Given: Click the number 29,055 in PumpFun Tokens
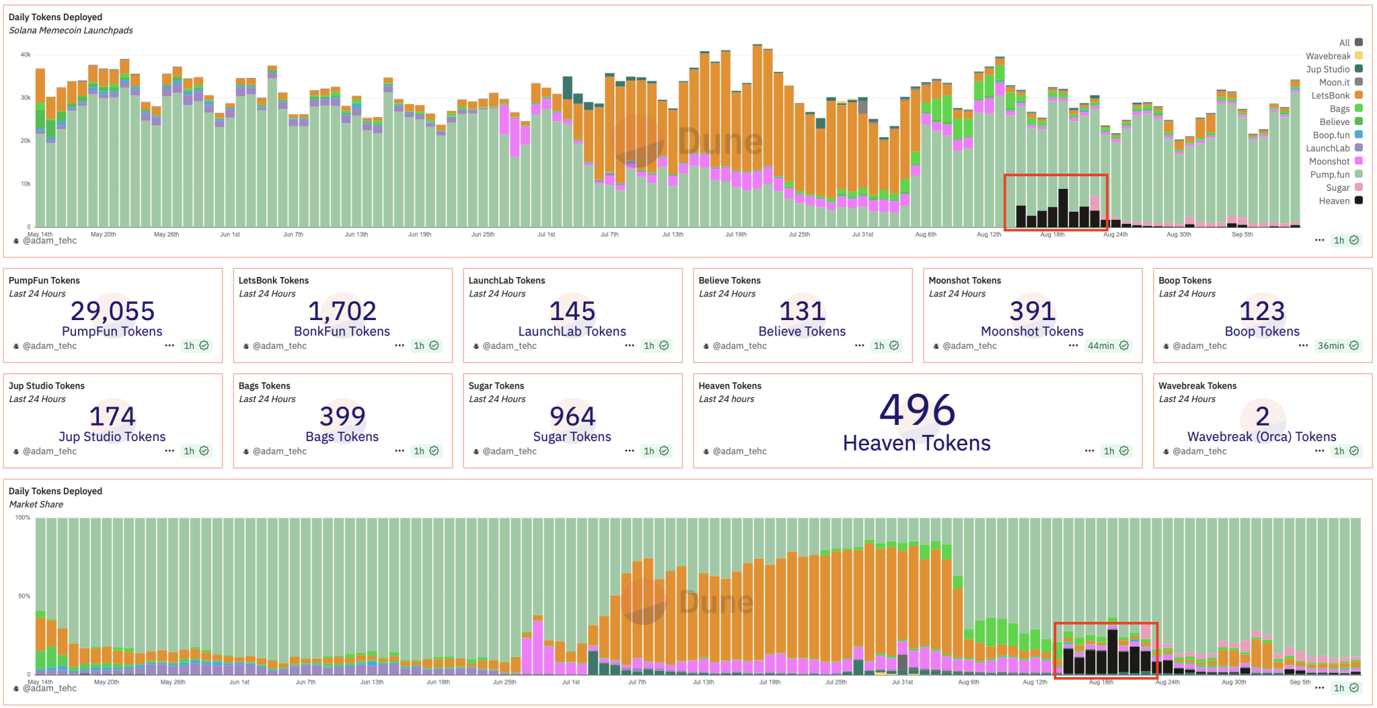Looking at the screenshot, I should [x=112, y=311].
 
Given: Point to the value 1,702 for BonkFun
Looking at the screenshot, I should [x=342, y=311].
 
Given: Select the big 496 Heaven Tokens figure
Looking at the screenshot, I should [x=917, y=410].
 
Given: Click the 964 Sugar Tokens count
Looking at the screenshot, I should [x=572, y=417].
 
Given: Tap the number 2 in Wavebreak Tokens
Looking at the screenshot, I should [x=1262, y=417].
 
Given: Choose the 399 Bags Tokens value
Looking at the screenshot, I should [x=342, y=417].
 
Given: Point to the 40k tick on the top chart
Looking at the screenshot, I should [x=26, y=55].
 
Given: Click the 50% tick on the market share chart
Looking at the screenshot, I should [x=24, y=596].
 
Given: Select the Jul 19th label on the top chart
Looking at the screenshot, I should [x=736, y=235].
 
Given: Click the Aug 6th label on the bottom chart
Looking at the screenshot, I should [x=968, y=682].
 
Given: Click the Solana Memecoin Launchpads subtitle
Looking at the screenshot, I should [x=71, y=30].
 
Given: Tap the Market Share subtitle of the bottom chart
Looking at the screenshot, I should [x=36, y=504].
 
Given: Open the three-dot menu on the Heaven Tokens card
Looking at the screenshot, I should [x=1089, y=451].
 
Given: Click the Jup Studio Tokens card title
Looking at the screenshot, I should [x=46, y=386].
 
